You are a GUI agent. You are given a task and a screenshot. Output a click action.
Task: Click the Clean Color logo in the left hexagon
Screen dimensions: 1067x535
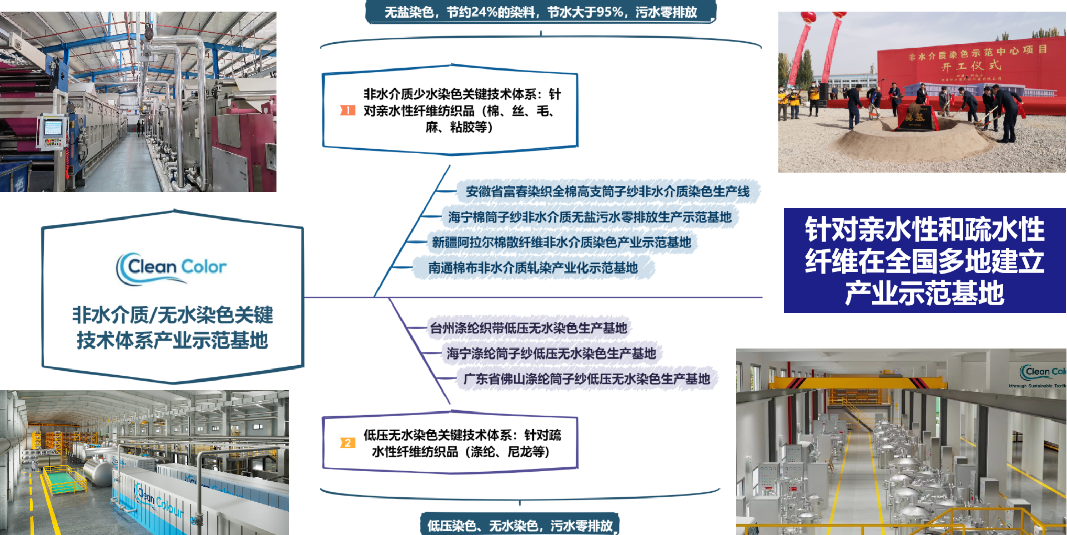click(x=172, y=268)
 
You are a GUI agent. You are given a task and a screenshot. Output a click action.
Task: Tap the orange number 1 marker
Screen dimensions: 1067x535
click(x=348, y=110)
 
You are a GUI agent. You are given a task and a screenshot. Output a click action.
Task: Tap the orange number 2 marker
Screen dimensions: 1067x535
click(x=348, y=443)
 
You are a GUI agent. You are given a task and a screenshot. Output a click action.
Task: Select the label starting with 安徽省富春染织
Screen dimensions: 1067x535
click(x=607, y=192)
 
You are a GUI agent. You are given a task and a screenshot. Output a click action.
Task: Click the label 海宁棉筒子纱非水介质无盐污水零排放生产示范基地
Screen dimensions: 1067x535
click(x=590, y=217)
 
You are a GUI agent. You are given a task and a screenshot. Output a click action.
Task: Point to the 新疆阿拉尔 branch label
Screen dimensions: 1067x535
click(x=561, y=243)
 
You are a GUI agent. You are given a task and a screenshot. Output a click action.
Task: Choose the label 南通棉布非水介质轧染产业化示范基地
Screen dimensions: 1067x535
click(x=533, y=268)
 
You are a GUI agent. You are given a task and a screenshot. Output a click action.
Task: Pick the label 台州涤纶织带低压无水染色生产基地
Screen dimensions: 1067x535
click(x=529, y=328)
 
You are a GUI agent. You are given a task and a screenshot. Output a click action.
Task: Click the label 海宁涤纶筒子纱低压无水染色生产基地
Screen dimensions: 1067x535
click(x=551, y=354)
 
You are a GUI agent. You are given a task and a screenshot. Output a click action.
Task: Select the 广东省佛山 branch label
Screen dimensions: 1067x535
click(x=587, y=379)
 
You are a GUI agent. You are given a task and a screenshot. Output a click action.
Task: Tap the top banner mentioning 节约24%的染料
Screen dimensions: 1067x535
click(x=541, y=12)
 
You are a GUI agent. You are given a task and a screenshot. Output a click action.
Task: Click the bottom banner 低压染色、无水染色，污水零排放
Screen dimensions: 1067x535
click(x=520, y=525)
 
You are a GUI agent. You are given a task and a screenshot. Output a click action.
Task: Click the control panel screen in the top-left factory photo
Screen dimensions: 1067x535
click(x=53, y=128)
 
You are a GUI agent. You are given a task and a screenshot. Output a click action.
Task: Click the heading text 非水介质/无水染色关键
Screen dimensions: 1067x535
click(x=172, y=315)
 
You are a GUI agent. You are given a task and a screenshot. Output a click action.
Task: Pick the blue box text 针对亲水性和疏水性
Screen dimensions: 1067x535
click(x=925, y=229)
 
